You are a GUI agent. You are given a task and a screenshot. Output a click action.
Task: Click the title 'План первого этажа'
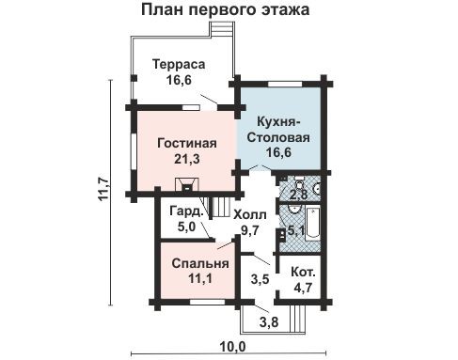225,9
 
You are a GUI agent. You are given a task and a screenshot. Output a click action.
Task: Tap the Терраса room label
179,64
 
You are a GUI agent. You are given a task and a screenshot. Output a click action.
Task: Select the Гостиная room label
187,143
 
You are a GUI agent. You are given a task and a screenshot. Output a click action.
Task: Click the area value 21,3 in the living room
187,159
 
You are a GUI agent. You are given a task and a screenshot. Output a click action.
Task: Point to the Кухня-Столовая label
278,130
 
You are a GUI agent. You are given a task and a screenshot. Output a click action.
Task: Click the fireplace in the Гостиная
187,184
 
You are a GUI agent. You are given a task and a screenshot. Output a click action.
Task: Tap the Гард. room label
186,211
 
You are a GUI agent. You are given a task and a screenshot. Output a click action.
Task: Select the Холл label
250,215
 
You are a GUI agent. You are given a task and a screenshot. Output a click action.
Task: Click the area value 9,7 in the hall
250,230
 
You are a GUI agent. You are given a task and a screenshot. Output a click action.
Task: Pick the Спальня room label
200,263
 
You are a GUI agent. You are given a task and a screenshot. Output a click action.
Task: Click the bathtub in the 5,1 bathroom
312,223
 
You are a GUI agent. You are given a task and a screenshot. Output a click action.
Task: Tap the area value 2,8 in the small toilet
298,195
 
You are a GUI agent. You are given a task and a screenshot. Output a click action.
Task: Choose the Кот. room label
303,272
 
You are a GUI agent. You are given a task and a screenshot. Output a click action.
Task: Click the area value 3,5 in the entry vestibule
261,278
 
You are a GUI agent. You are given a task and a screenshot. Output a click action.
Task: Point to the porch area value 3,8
269,321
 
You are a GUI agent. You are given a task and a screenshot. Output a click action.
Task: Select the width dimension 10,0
232,347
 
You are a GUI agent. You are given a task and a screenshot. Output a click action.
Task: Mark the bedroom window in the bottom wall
207,302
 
